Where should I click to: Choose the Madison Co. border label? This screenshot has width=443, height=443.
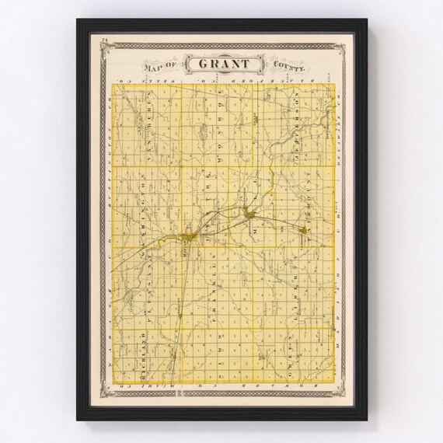click(337, 272)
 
